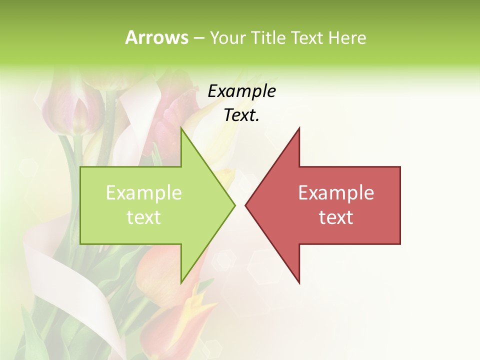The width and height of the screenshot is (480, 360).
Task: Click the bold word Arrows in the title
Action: click(x=156, y=38)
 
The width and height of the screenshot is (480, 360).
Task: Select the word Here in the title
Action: click(x=347, y=38)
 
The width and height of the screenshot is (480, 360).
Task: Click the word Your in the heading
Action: click(x=228, y=38)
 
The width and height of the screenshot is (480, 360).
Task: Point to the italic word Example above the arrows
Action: click(x=241, y=91)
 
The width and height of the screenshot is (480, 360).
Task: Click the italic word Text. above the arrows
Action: click(x=241, y=115)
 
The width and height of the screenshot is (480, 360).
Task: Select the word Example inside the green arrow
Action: click(x=144, y=193)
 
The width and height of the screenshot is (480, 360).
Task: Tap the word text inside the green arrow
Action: click(x=144, y=217)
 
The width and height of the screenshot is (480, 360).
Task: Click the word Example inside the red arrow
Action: click(x=336, y=193)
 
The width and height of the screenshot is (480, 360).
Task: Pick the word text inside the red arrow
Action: click(x=336, y=217)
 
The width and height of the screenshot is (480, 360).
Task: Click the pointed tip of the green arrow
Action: click(x=234, y=205)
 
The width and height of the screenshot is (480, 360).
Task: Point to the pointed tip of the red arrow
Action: click(x=245, y=205)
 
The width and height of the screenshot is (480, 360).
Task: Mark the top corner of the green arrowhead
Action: click(x=181, y=128)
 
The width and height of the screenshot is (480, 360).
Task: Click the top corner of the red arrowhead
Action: click(x=299, y=128)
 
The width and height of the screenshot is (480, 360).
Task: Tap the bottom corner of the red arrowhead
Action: click(x=299, y=283)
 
